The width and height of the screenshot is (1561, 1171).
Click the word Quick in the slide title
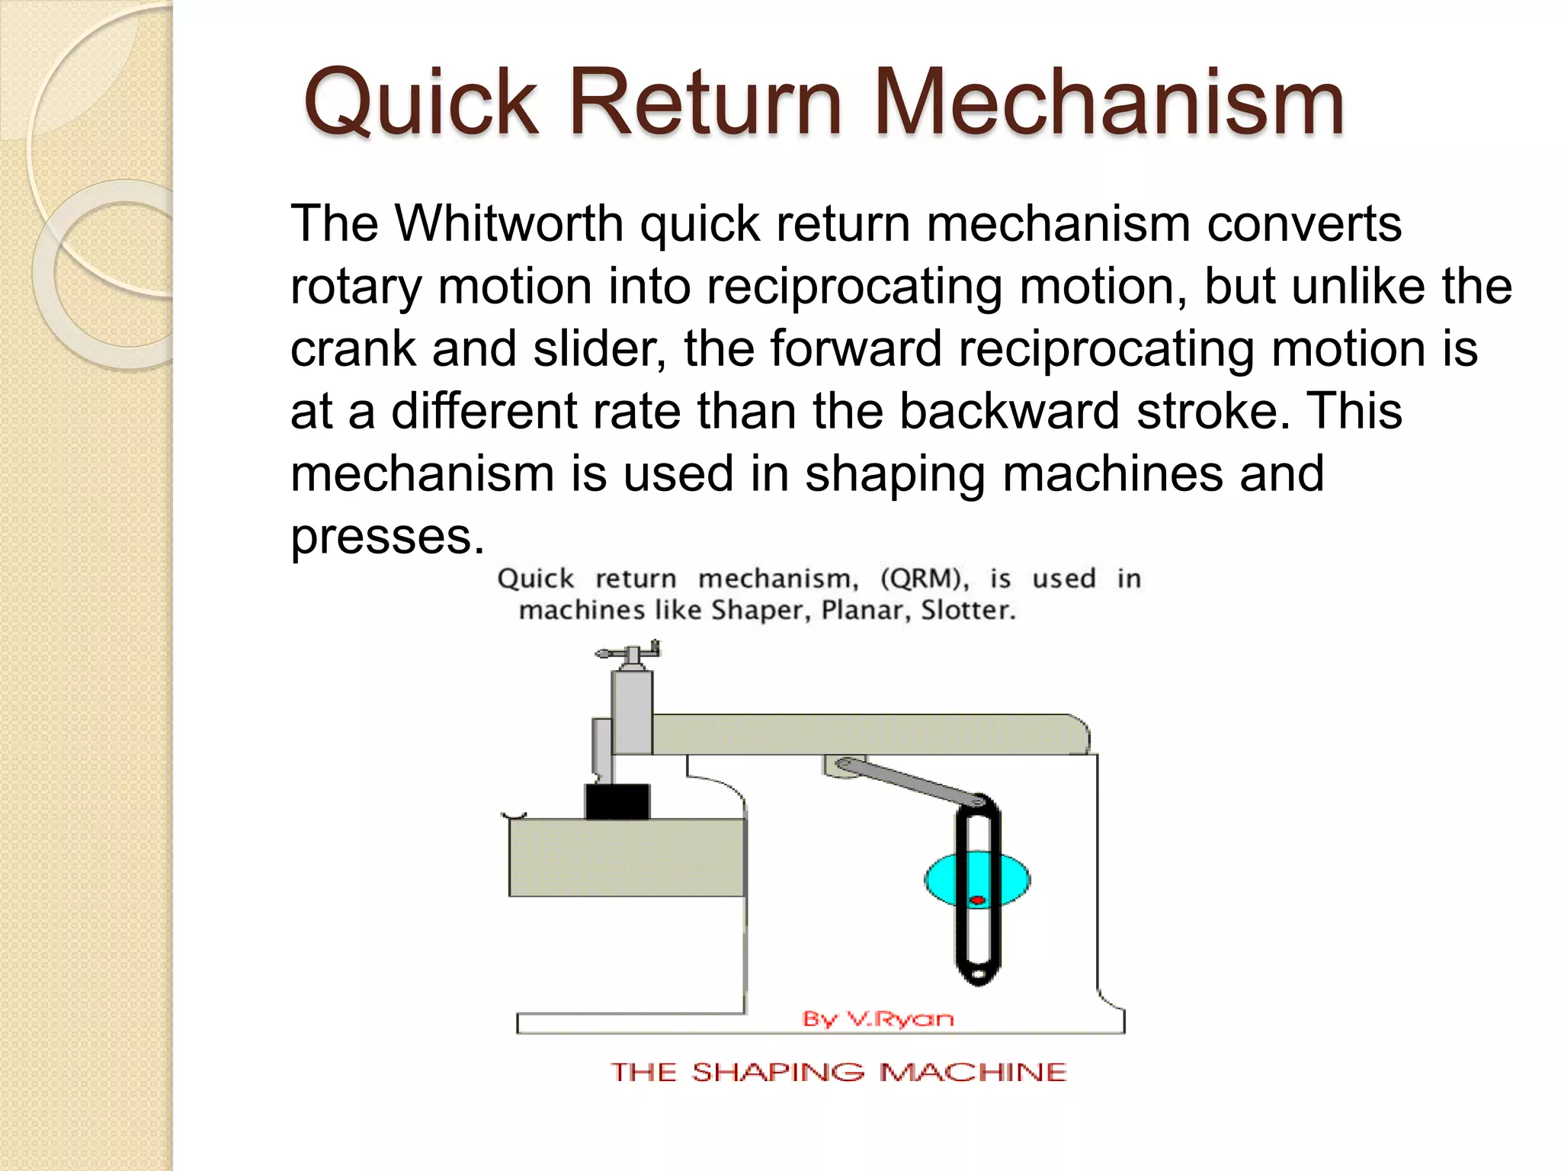click(421, 103)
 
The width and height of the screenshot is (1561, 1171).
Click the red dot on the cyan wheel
click(977, 900)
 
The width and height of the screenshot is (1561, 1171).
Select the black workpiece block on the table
click(617, 801)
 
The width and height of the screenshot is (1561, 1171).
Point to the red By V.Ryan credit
click(878, 1019)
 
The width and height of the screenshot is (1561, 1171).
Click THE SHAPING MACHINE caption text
click(838, 1073)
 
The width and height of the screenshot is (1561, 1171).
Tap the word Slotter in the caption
click(968, 611)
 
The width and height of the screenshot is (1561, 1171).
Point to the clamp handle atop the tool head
click(627, 653)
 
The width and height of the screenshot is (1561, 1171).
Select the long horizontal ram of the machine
click(869, 734)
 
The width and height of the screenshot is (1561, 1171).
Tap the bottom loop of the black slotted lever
click(978, 968)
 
